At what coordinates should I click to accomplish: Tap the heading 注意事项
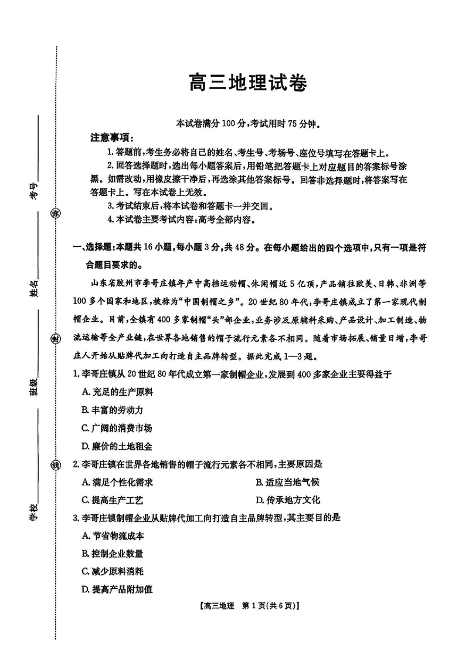click(111, 138)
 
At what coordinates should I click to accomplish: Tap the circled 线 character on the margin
click(56, 466)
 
